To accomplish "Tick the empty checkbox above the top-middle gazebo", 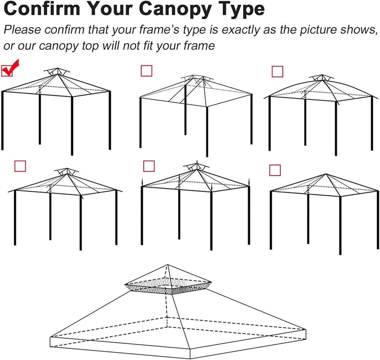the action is [x=146, y=71].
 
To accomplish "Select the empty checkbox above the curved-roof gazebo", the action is [x=277, y=72].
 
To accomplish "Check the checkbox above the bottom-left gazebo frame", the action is [x=20, y=166].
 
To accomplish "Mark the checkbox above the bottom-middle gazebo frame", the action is [x=149, y=166].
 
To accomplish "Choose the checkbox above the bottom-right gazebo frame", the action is [x=275, y=170].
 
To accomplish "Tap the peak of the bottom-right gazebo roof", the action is [x=326, y=174].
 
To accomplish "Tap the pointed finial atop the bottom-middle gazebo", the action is [x=197, y=162].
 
